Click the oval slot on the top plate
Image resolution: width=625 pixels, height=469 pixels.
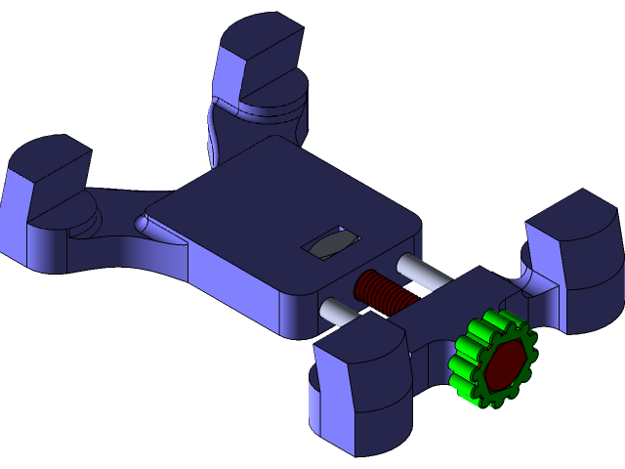pos(332,243)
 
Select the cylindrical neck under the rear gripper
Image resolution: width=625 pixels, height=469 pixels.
pos(259,127)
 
